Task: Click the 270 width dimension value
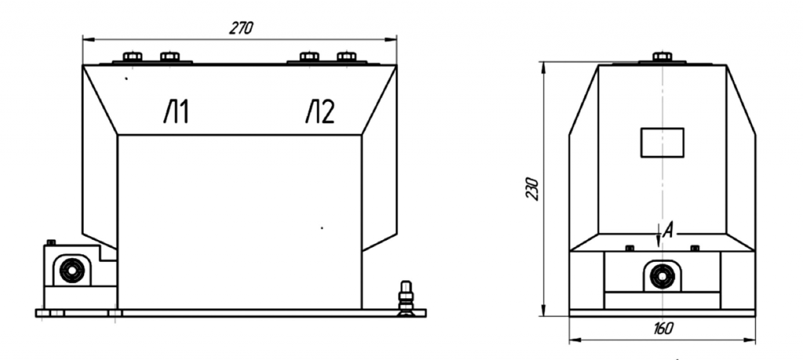click(x=241, y=28)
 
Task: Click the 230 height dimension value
click(x=532, y=188)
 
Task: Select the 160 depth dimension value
click(x=663, y=329)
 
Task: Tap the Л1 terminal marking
click(x=176, y=112)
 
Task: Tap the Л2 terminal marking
click(x=320, y=112)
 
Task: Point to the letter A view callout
click(x=667, y=231)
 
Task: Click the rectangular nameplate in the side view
click(x=662, y=143)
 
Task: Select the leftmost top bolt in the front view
click(x=133, y=56)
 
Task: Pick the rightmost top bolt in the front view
click(x=347, y=56)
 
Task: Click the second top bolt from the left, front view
click(x=170, y=56)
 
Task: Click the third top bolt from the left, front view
click(x=309, y=56)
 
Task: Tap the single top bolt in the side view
click(x=662, y=56)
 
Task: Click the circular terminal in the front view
click(x=71, y=271)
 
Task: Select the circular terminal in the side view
click(x=662, y=277)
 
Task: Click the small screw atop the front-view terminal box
click(x=51, y=242)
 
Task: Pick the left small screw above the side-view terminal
click(x=630, y=249)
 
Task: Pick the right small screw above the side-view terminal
click(x=695, y=249)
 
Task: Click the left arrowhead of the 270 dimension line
click(x=88, y=39)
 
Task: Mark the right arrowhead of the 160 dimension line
click(x=750, y=339)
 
